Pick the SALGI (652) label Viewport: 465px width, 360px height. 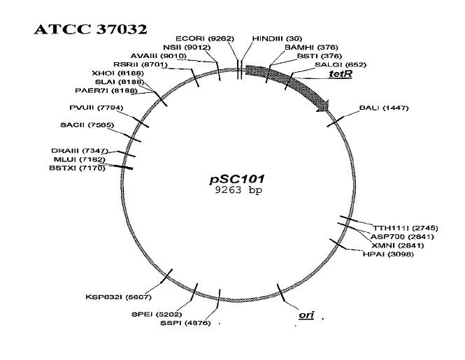341,64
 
